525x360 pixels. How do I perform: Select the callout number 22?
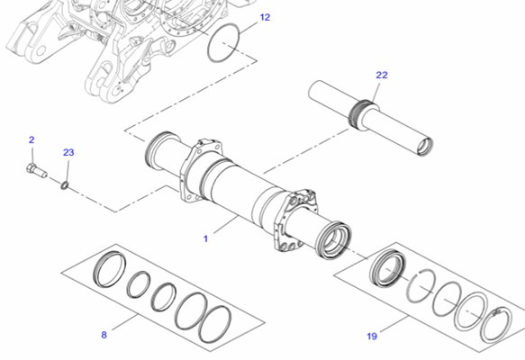(x=381, y=76)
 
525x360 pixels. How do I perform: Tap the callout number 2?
(x=32, y=139)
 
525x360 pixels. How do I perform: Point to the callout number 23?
(x=68, y=153)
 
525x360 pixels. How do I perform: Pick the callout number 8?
(x=104, y=335)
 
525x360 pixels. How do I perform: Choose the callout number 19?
(x=372, y=337)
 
